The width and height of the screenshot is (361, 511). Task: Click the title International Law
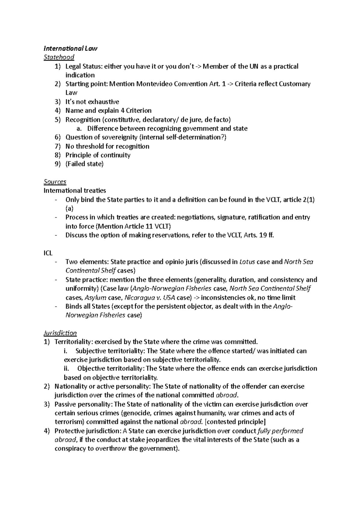(x=70, y=48)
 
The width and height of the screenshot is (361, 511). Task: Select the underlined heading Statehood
(x=59, y=57)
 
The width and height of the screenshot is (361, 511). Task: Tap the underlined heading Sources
(x=55, y=182)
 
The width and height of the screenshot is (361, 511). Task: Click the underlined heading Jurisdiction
(x=60, y=333)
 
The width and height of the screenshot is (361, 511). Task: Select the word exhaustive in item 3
(x=103, y=102)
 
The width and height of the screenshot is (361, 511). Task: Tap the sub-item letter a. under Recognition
(x=79, y=129)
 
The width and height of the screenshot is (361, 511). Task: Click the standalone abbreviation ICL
(x=48, y=253)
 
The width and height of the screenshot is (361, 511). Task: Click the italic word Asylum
(x=95, y=298)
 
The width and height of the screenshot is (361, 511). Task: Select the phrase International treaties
(x=75, y=190)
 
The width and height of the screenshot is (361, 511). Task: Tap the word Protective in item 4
(x=69, y=431)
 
